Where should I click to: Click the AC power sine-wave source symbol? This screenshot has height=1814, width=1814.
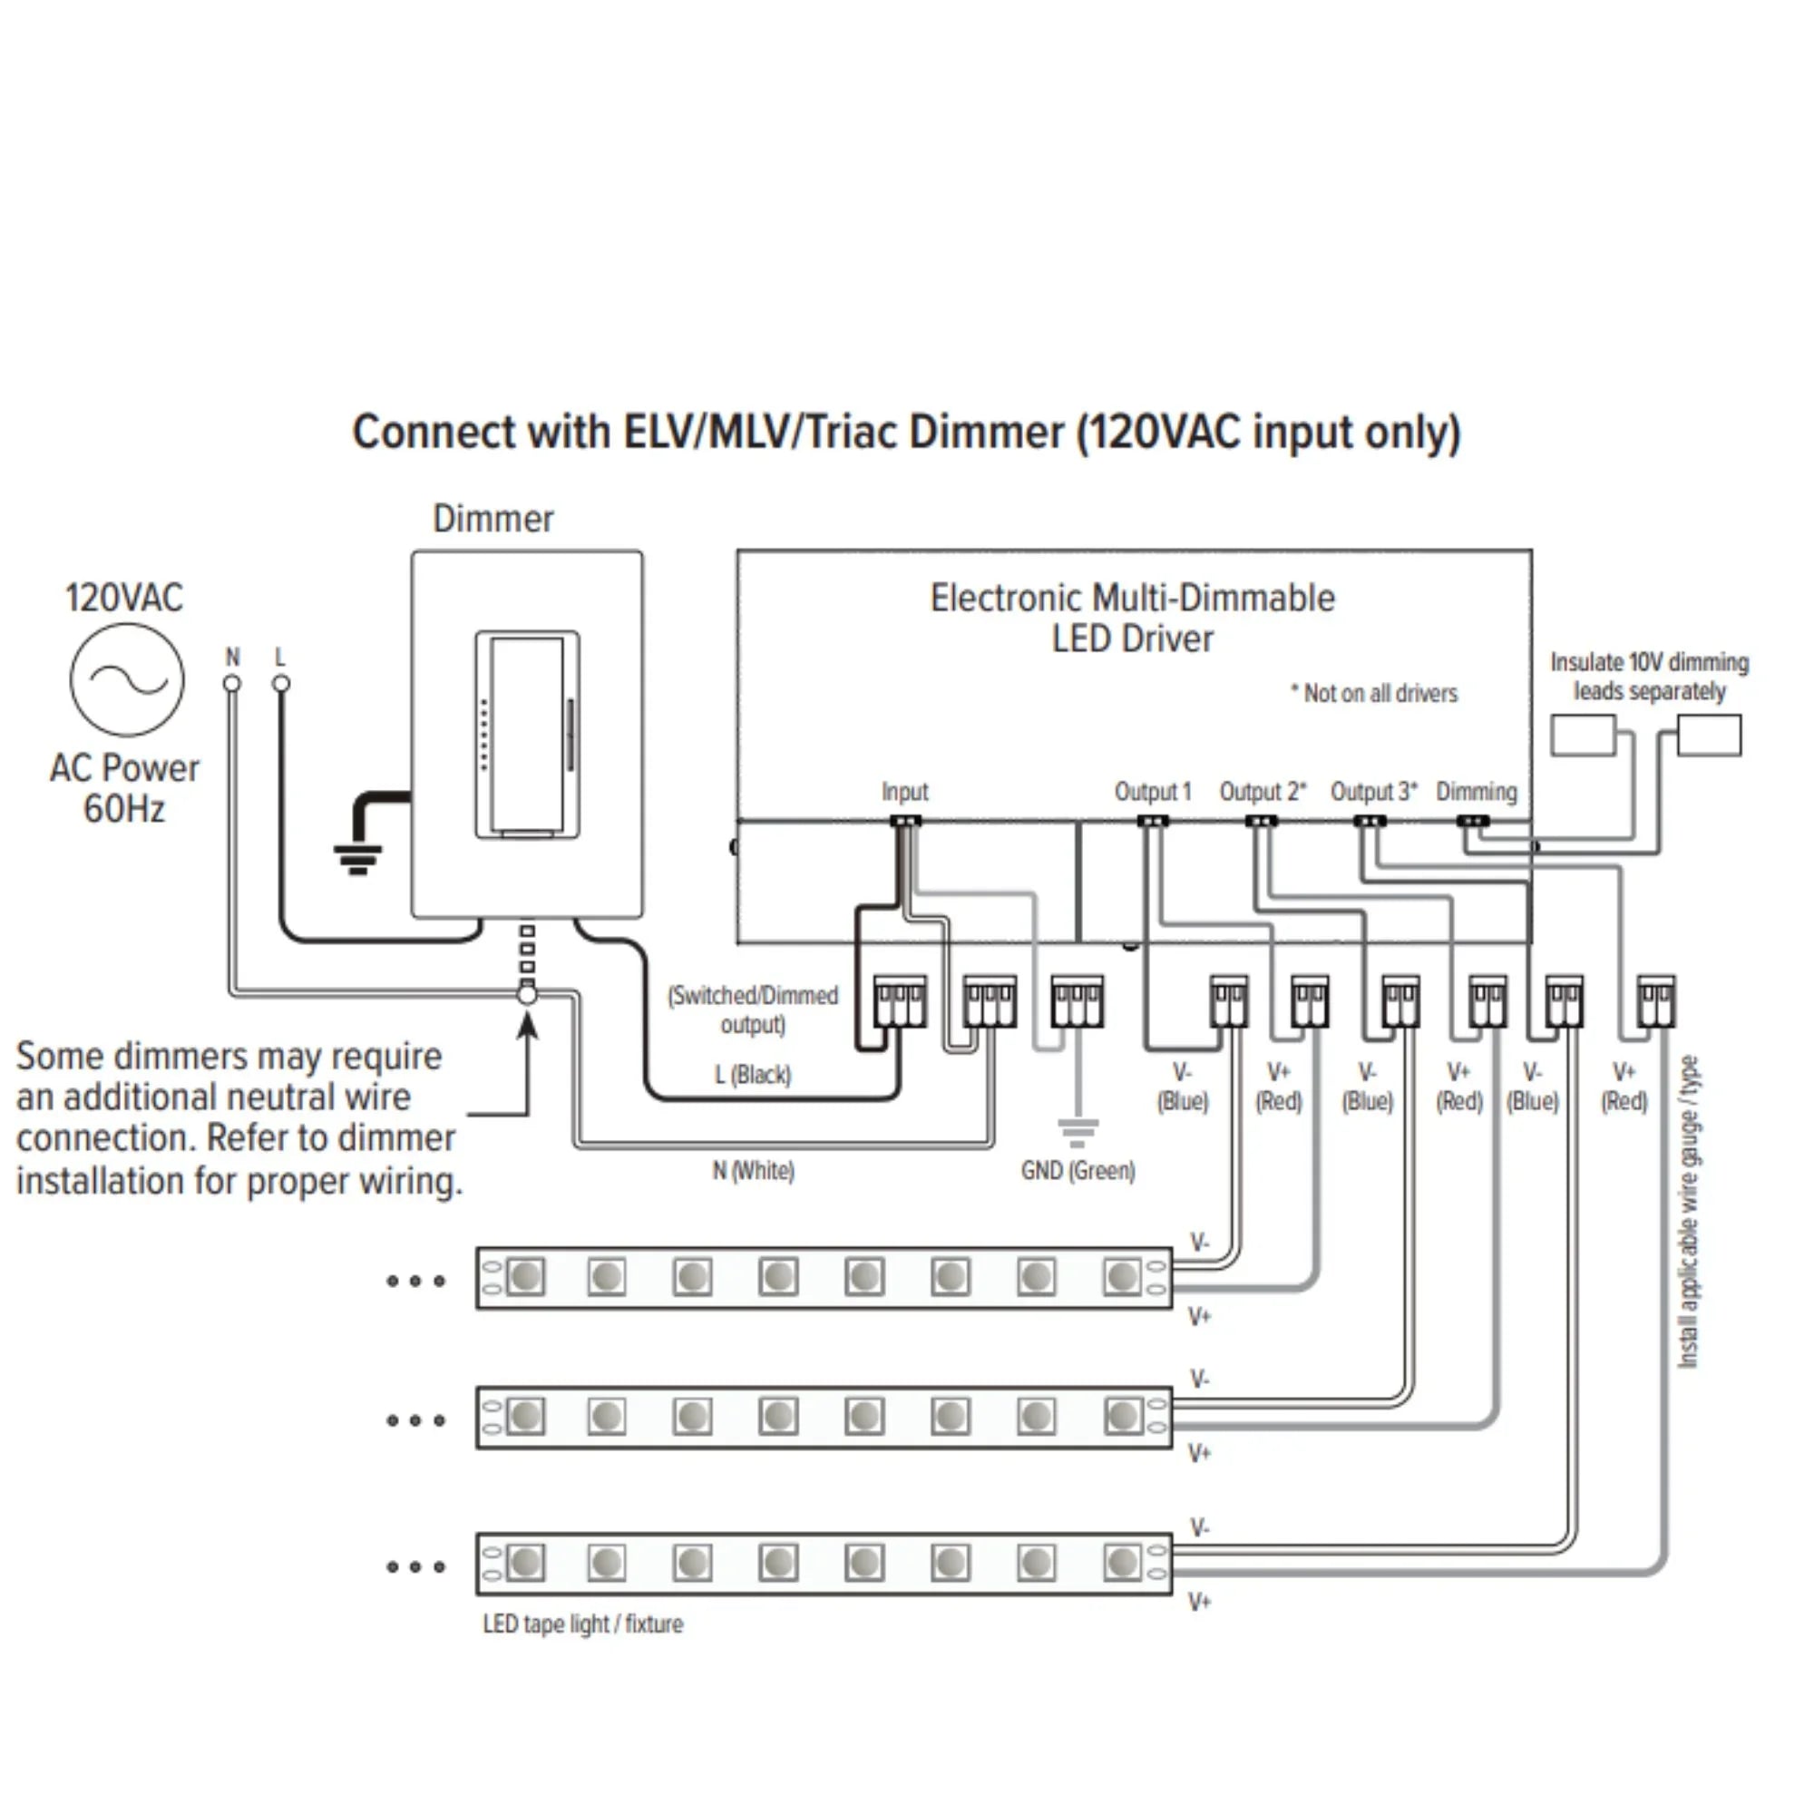(x=127, y=679)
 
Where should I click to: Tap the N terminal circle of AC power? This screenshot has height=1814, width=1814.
(x=232, y=684)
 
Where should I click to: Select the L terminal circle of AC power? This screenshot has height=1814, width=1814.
(x=281, y=684)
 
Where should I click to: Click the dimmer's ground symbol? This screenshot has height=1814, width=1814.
(x=357, y=858)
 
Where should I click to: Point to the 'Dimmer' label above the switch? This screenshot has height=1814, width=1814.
(x=493, y=519)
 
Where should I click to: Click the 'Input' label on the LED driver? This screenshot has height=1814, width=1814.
(x=904, y=792)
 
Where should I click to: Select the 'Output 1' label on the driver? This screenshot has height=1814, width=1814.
(x=1152, y=792)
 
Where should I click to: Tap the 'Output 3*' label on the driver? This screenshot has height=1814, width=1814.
(x=1372, y=792)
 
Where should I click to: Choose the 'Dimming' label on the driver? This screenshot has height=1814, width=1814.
(x=1476, y=792)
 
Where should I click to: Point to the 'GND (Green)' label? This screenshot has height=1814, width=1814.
(x=1078, y=1171)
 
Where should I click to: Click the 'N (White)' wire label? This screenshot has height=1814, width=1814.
(x=753, y=1171)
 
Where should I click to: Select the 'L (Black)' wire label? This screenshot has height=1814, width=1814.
(x=753, y=1074)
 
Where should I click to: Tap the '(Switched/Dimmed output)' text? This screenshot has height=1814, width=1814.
(x=753, y=1009)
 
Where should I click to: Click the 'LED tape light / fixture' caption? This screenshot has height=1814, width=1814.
(x=583, y=1624)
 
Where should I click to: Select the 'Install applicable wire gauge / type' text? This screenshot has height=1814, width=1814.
(x=1687, y=1211)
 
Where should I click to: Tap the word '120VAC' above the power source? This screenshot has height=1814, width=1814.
(x=124, y=598)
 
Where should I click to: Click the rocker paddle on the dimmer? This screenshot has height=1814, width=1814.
(x=526, y=735)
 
